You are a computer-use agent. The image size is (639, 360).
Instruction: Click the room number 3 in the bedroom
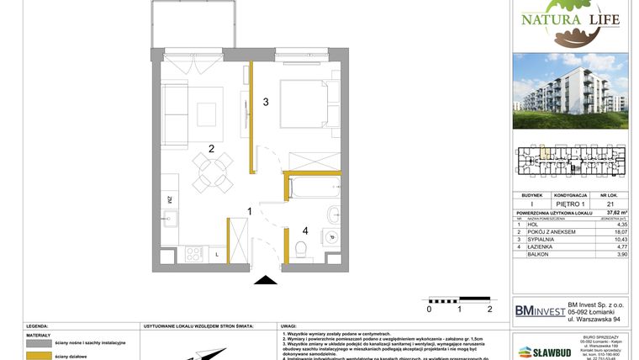coord(265,103)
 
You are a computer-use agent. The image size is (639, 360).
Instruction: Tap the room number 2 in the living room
coord(212,148)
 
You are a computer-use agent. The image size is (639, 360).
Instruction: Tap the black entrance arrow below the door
coord(267,283)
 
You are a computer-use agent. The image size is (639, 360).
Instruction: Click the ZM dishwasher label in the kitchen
coord(169,199)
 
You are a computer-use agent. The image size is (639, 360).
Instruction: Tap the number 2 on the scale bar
coord(489,310)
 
